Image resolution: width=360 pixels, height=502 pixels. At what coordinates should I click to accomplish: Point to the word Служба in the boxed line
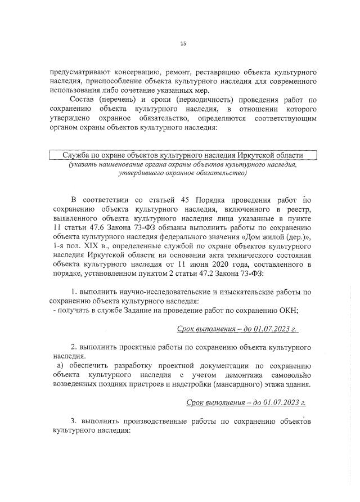pos(76,155)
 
